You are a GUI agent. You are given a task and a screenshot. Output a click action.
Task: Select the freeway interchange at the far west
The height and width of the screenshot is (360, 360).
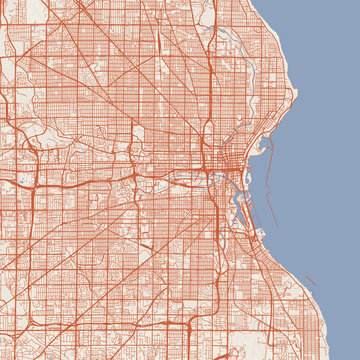point(28,184)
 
